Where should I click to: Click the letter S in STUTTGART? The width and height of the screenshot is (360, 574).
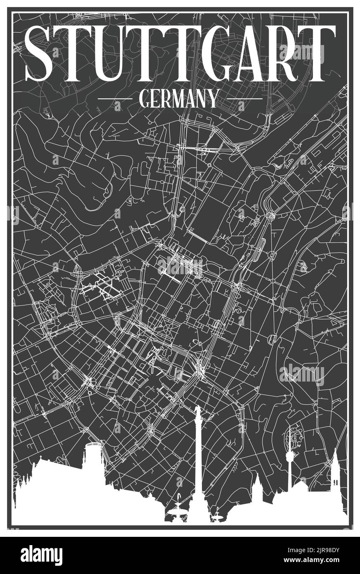tap(40, 54)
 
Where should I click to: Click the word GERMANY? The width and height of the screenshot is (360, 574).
tap(179, 99)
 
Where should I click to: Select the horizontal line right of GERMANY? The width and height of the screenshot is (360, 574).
tap(244, 99)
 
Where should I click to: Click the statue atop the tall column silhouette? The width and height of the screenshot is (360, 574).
tap(198, 411)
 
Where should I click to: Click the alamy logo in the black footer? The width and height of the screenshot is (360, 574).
tap(41, 555)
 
